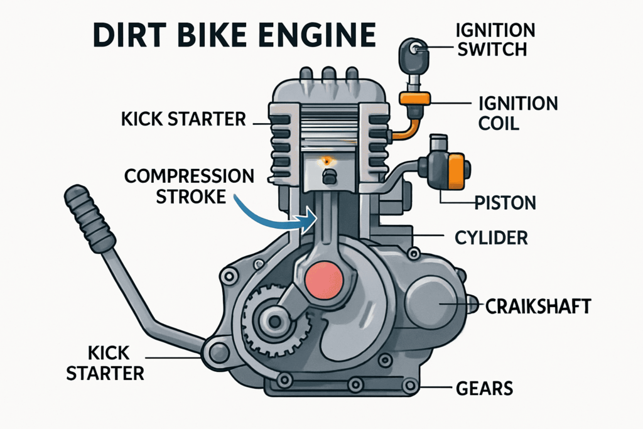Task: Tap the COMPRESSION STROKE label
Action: tap(188, 185)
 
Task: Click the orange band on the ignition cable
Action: tap(414, 99)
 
